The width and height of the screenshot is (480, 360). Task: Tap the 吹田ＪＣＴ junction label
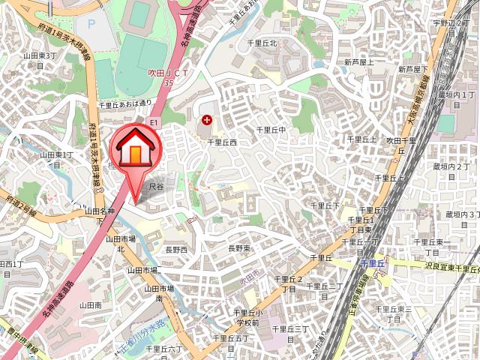[166, 73]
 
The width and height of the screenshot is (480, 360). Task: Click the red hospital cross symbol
[207, 120]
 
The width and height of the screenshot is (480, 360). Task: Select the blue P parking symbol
[91, 23]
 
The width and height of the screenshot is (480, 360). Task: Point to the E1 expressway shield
[154, 121]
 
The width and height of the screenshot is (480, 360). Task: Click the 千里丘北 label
[262, 43]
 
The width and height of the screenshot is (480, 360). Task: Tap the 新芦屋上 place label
[359, 61]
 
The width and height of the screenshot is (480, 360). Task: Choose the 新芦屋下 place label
[413, 69]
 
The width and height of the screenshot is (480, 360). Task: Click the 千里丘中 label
[271, 130]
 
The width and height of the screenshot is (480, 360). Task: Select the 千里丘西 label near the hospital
[222, 142]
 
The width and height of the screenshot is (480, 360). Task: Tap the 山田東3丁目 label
[40, 55]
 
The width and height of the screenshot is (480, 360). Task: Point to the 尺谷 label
[156, 184]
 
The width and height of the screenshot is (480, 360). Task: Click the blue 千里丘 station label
[372, 264]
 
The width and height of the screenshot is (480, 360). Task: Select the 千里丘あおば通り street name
[124, 103]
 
